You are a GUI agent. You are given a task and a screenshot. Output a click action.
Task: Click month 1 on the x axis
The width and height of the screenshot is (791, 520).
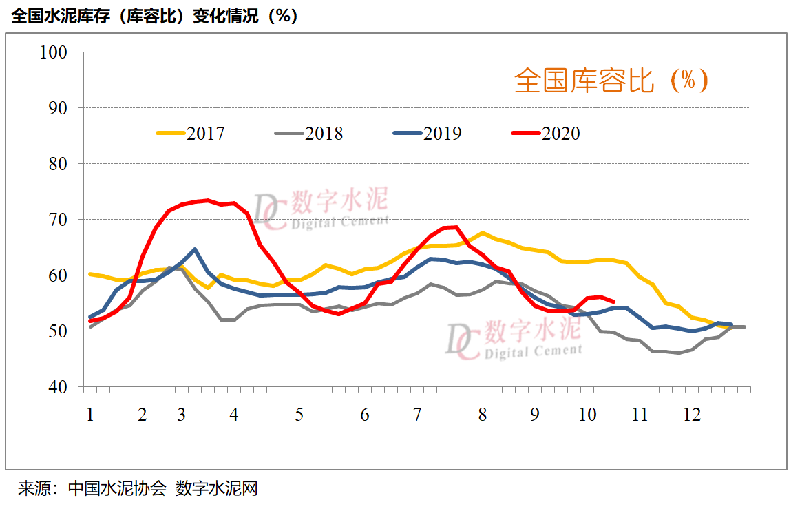click(89, 415)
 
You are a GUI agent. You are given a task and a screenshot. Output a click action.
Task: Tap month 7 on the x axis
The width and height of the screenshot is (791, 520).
click(417, 415)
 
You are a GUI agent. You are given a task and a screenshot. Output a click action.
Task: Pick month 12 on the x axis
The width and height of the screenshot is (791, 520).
click(691, 415)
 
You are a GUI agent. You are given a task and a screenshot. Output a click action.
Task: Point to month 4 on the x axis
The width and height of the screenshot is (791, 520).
click(234, 415)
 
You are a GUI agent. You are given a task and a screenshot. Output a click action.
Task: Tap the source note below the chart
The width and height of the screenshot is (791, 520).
click(138, 489)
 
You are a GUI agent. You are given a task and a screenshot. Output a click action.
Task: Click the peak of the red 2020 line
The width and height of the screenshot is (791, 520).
click(207, 200)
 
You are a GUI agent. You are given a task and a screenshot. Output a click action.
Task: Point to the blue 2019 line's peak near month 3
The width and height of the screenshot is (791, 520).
click(195, 249)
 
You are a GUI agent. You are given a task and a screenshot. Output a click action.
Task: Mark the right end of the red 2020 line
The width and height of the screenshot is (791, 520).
click(613, 301)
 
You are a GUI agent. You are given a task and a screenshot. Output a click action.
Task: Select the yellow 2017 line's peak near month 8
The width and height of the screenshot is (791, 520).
click(482, 233)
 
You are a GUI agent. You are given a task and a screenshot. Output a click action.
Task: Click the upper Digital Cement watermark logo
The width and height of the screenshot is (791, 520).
click(320, 209)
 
